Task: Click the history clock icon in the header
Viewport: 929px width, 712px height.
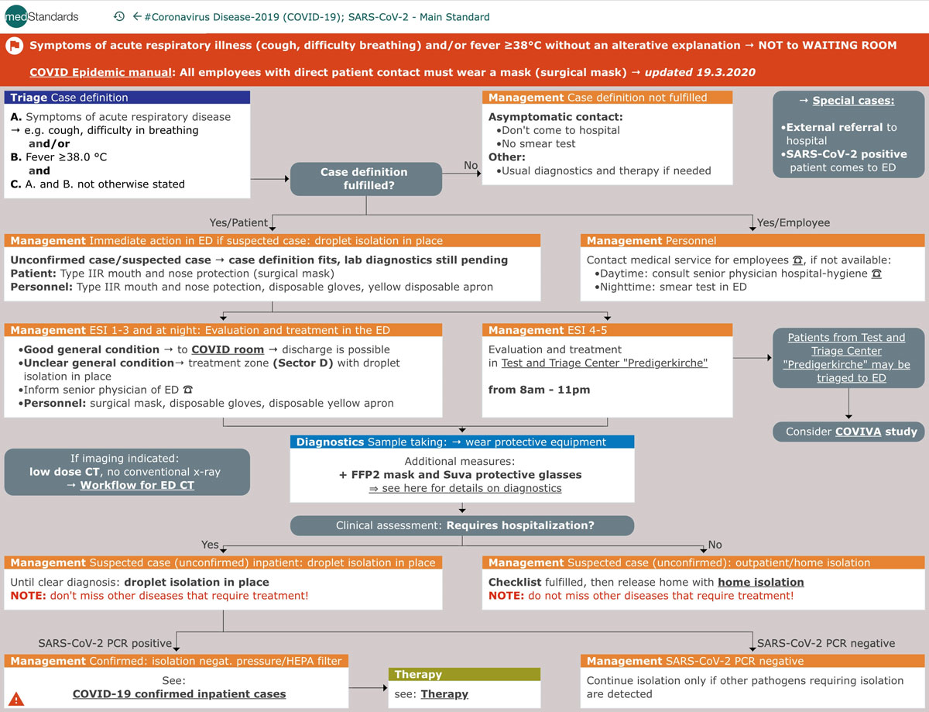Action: click(118, 16)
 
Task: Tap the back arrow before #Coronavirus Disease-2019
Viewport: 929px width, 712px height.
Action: click(137, 16)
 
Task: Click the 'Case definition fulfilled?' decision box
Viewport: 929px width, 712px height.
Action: click(365, 179)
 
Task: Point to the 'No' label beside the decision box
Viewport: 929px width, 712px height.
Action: click(471, 165)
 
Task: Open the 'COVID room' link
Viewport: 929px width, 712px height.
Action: click(228, 349)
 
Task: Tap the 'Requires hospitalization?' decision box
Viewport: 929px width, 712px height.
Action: click(462, 525)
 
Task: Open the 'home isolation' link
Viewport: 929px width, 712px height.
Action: click(761, 582)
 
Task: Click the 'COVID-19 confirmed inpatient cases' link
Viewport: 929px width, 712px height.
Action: click(179, 693)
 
